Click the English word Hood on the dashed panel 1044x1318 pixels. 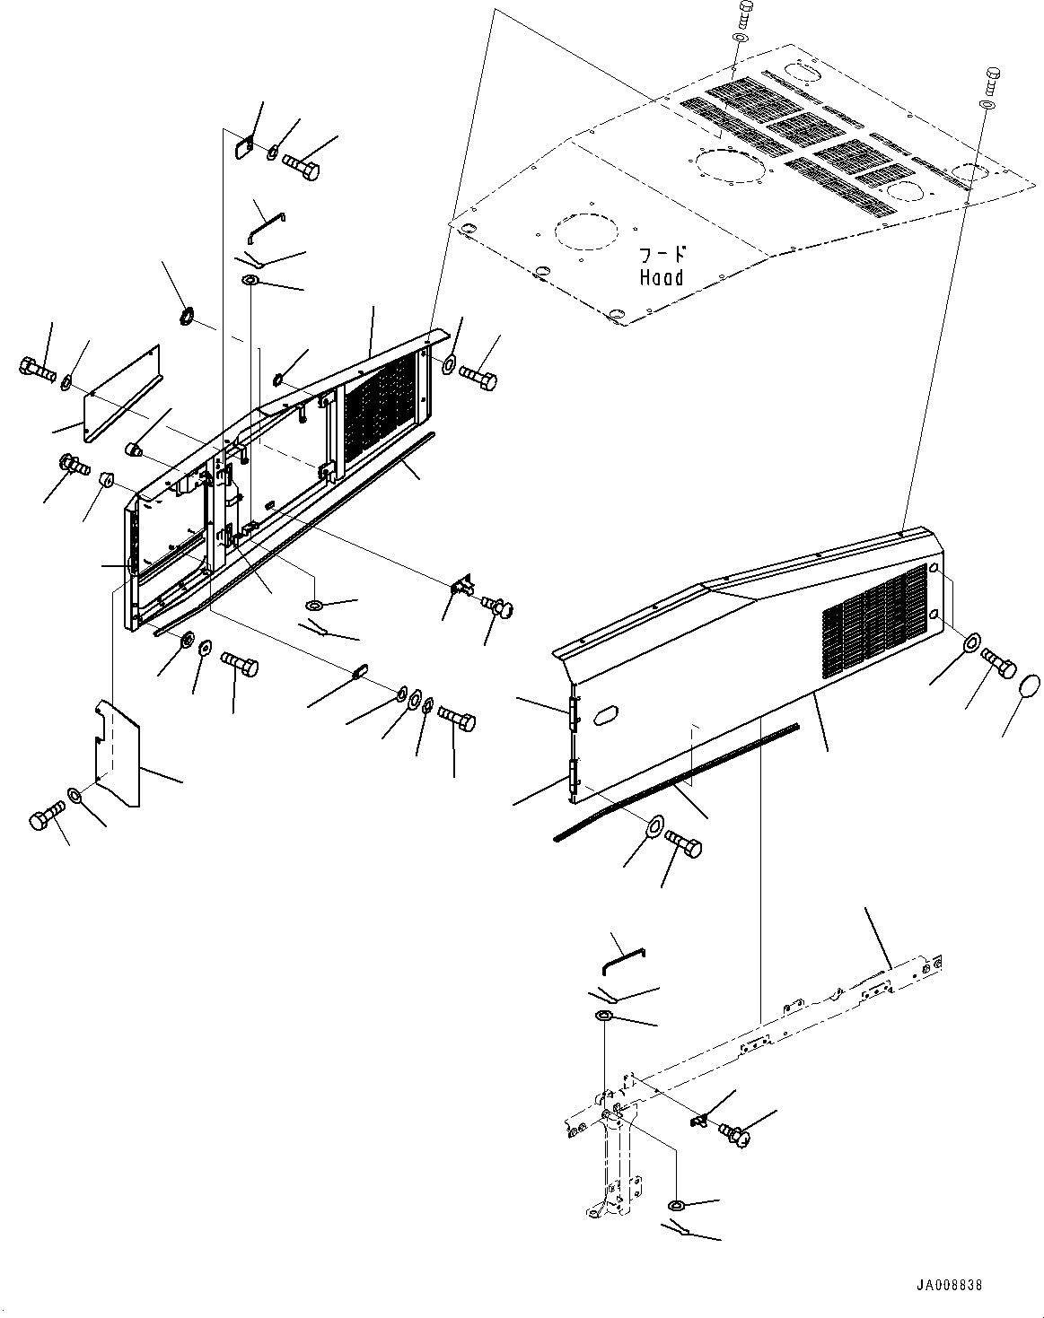coord(662,277)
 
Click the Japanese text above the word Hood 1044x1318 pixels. coord(662,255)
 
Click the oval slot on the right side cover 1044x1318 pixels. coord(605,715)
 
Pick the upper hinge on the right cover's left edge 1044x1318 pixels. coord(575,713)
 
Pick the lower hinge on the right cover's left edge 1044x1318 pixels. coord(575,779)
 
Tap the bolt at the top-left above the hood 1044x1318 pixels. coord(744,14)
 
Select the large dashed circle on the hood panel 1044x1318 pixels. coord(586,231)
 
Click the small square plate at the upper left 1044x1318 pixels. coord(244,148)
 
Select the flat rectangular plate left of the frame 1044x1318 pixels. coord(123,393)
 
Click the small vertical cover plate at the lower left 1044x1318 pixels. coord(118,754)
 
